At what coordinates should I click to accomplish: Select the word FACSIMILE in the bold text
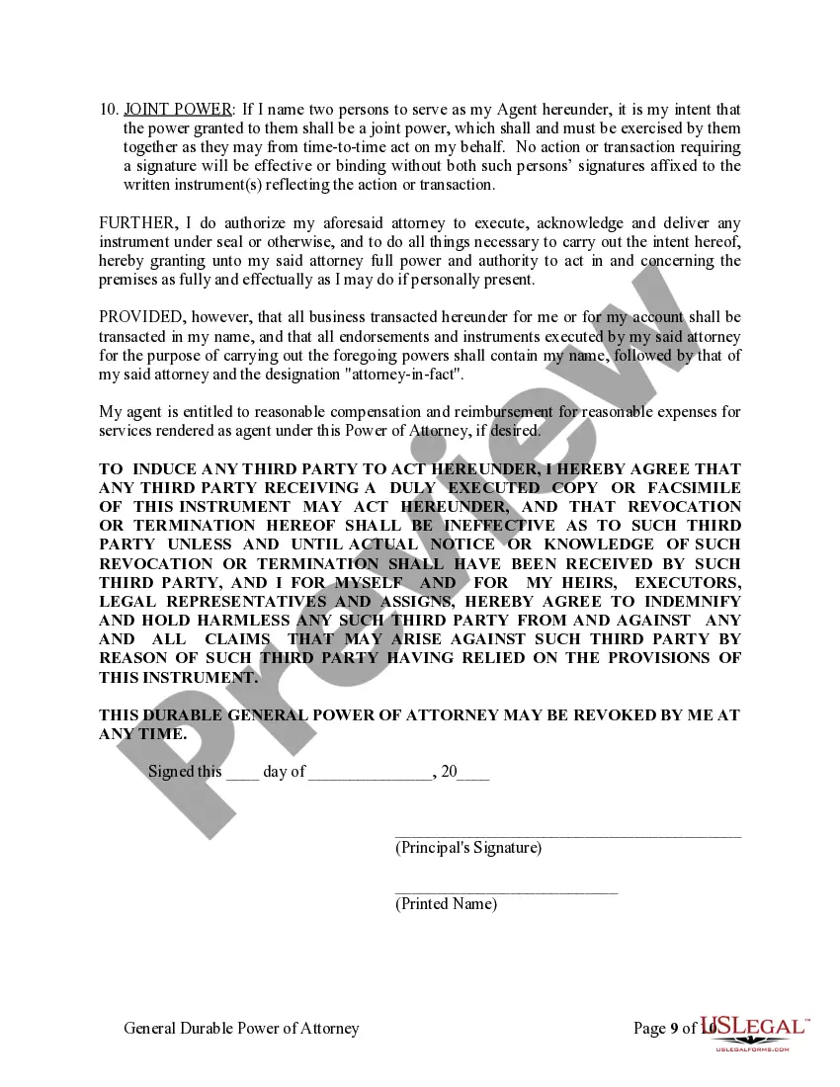pos(694,488)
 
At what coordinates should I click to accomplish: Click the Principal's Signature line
pos(567,835)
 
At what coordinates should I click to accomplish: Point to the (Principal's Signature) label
pos(468,848)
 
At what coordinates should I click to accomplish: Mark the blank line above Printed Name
pos(506,891)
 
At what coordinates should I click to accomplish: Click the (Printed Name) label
pos(446,904)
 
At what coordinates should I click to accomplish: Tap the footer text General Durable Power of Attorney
pos(241,1029)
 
